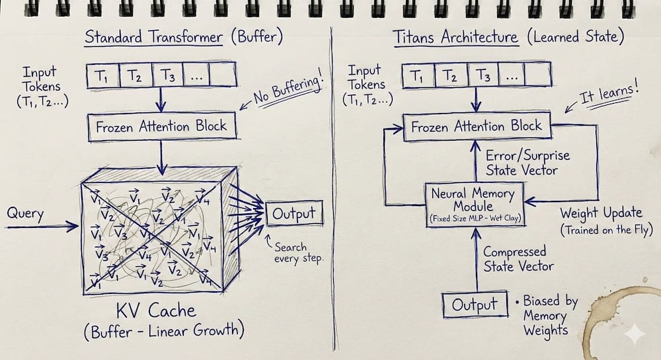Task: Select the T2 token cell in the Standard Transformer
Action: point(135,76)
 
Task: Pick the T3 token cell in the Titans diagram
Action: point(484,76)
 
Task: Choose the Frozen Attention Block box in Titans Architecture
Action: point(477,126)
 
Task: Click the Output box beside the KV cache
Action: point(295,215)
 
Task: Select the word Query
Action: point(25,213)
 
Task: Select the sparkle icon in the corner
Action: point(634,335)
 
